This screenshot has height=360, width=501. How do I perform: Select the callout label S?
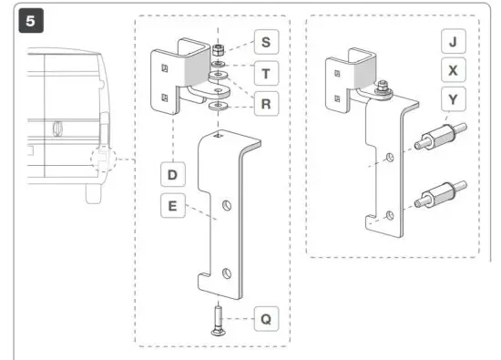tap(266, 42)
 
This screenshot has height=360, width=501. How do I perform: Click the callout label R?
tap(266, 105)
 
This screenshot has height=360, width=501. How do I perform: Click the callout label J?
tap(455, 42)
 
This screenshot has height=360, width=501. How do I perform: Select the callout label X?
tap(455, 70)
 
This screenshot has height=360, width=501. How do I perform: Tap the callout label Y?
tap(455, 98)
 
